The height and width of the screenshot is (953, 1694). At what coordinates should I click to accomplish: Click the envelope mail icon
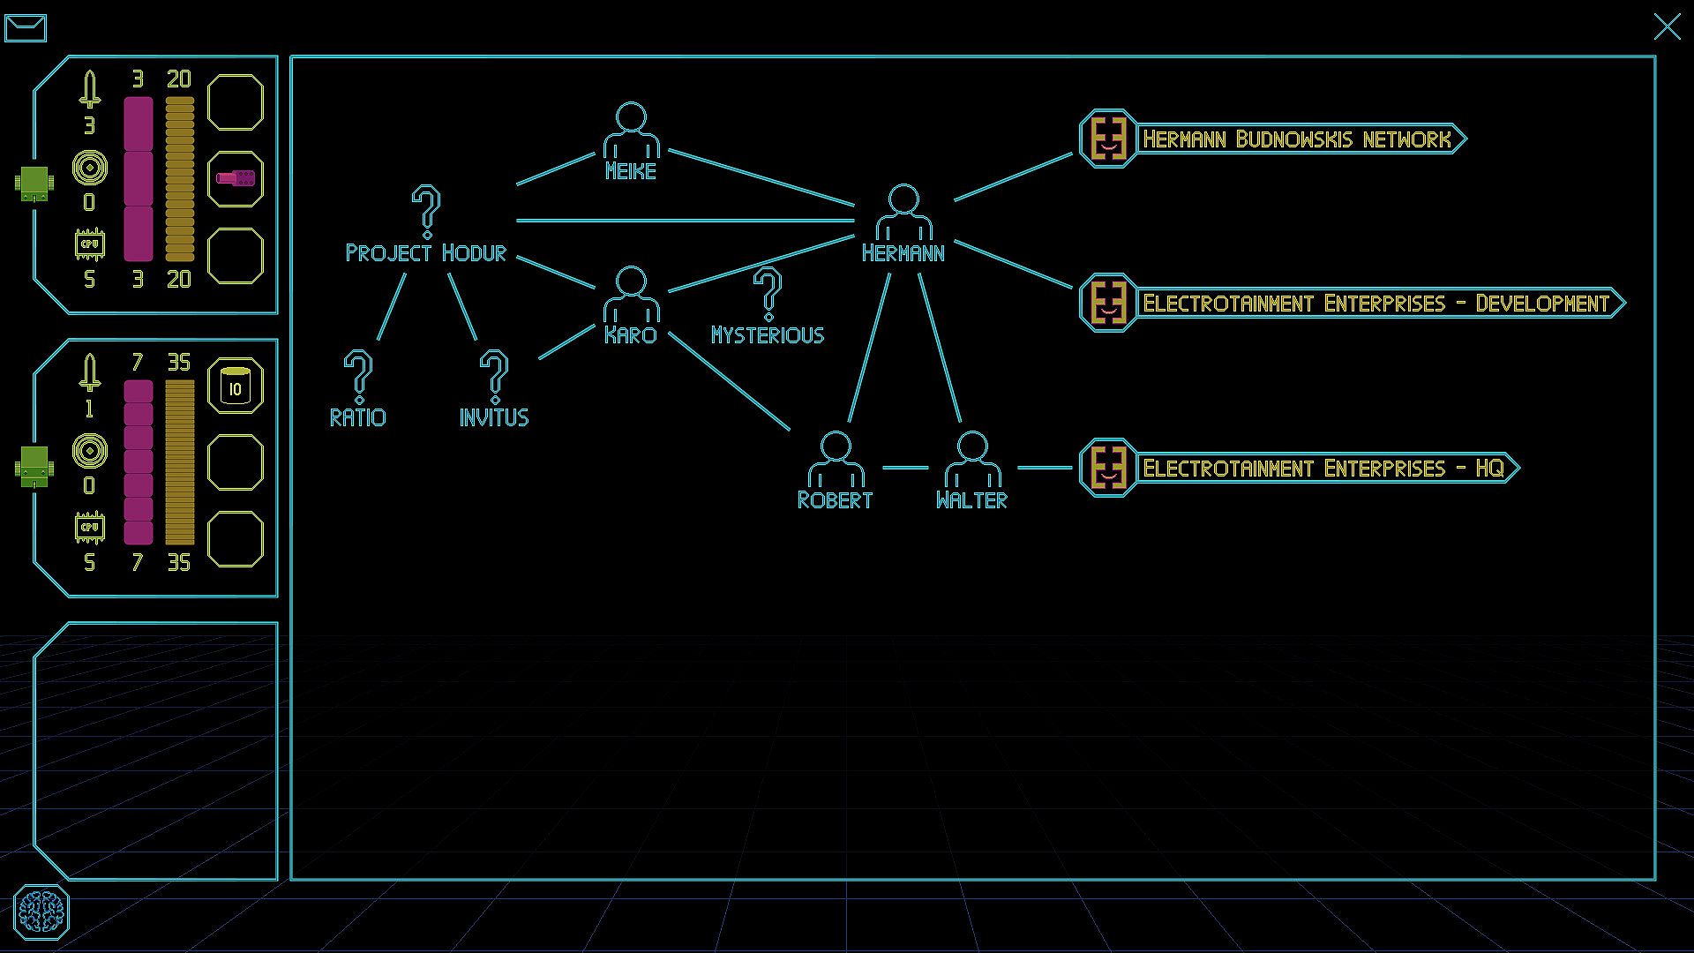[26, 27]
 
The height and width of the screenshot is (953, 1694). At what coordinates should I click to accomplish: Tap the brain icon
[41, 912]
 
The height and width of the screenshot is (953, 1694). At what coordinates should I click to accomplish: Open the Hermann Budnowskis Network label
[1272, 139]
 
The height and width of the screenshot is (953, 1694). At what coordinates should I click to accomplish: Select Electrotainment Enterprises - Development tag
[1352, 303]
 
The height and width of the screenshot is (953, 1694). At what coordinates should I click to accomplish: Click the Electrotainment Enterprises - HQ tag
[1299, 468]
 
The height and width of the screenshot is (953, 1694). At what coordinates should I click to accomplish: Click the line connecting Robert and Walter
[905, 468]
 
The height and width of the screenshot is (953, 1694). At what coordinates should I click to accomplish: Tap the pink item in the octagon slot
[235, 179]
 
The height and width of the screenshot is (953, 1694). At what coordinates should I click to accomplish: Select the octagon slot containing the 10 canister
[235, 386]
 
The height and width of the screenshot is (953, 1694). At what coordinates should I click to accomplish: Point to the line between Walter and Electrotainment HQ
[1046, 468]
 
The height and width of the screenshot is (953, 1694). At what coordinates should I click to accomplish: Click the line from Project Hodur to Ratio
[392, 307]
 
